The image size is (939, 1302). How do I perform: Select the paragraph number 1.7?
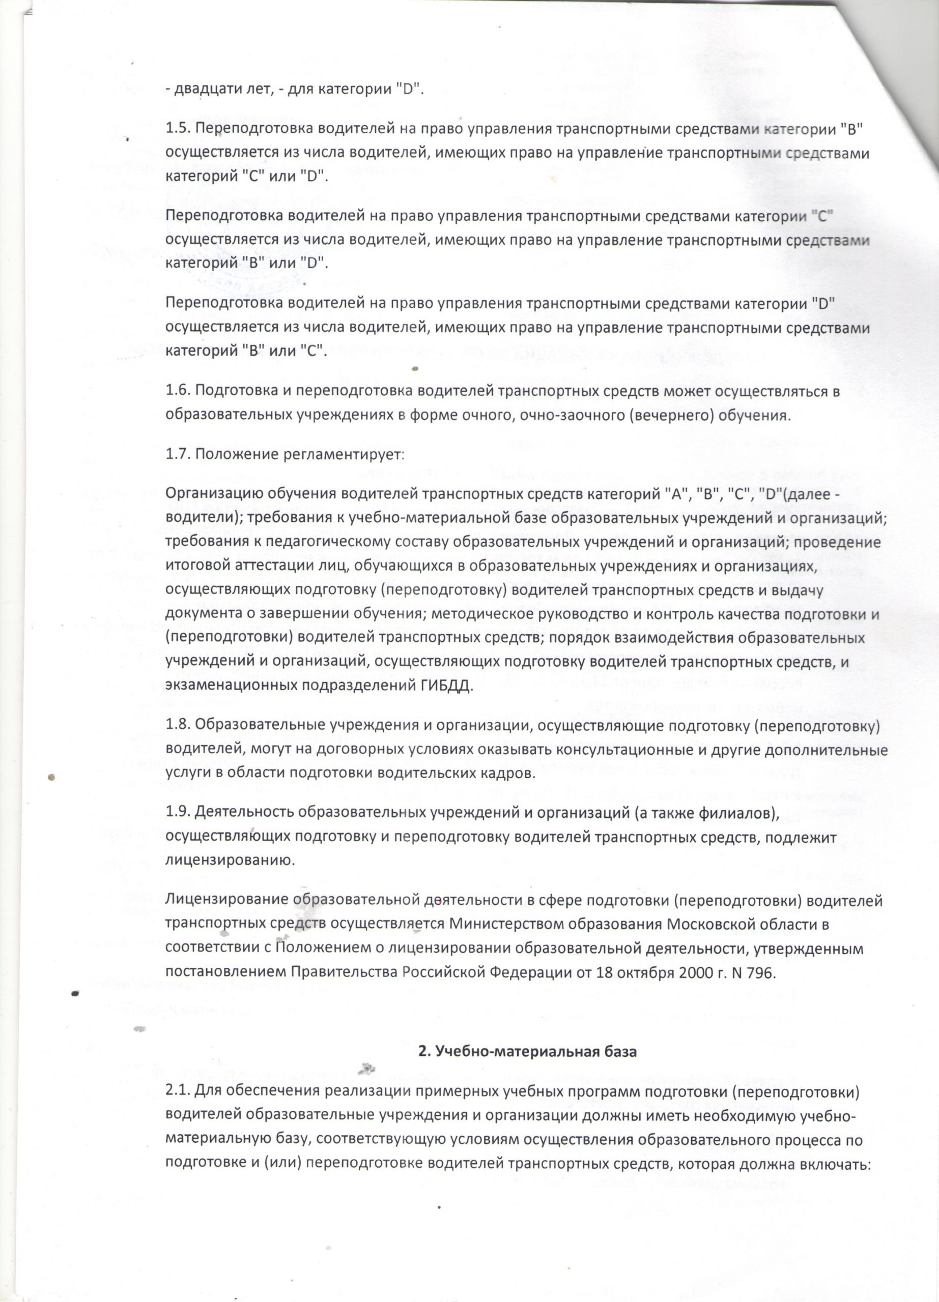coord(178,455)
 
